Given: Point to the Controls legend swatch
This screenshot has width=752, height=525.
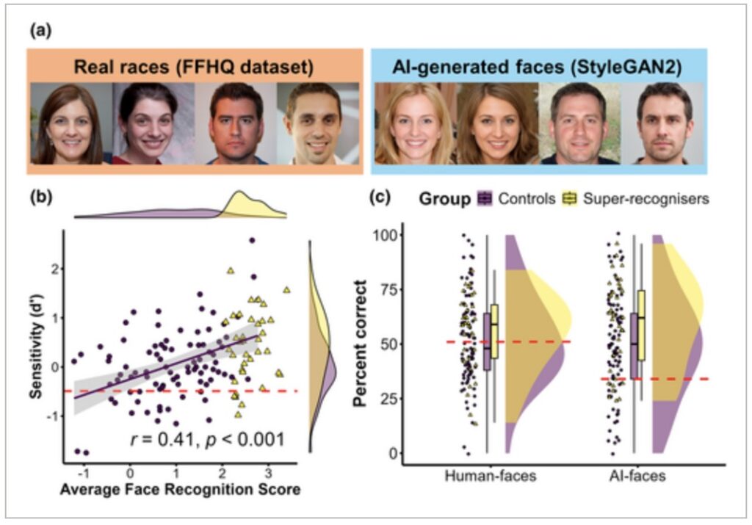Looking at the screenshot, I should [484, 198].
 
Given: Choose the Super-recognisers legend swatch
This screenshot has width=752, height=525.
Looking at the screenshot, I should [571, 198].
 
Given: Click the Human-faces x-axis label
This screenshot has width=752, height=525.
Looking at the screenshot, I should [491, 476].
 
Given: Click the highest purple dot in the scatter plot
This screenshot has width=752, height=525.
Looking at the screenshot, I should [252, 241].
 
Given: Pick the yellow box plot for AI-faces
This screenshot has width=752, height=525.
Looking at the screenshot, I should [641, 325].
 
